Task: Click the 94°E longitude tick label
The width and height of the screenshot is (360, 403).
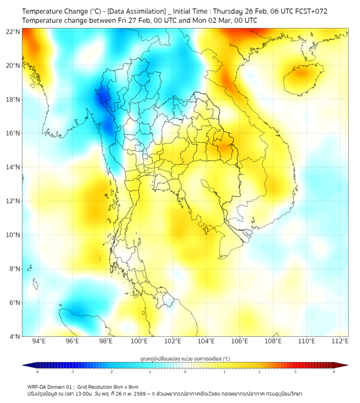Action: pos(39,341)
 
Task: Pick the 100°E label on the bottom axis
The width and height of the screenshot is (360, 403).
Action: pos(139,341)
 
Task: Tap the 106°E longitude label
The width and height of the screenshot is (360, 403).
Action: pos(240,341)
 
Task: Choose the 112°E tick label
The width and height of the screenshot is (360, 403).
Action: pos(340,341)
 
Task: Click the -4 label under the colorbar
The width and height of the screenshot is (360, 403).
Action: pos(37,372)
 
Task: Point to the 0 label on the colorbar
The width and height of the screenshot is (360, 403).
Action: pos(185,372)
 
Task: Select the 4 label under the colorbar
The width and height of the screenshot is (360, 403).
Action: pos(334,372)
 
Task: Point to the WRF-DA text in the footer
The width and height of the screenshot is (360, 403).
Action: pos(40,386)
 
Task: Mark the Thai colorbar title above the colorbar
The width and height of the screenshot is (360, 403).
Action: pos(185,358)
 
